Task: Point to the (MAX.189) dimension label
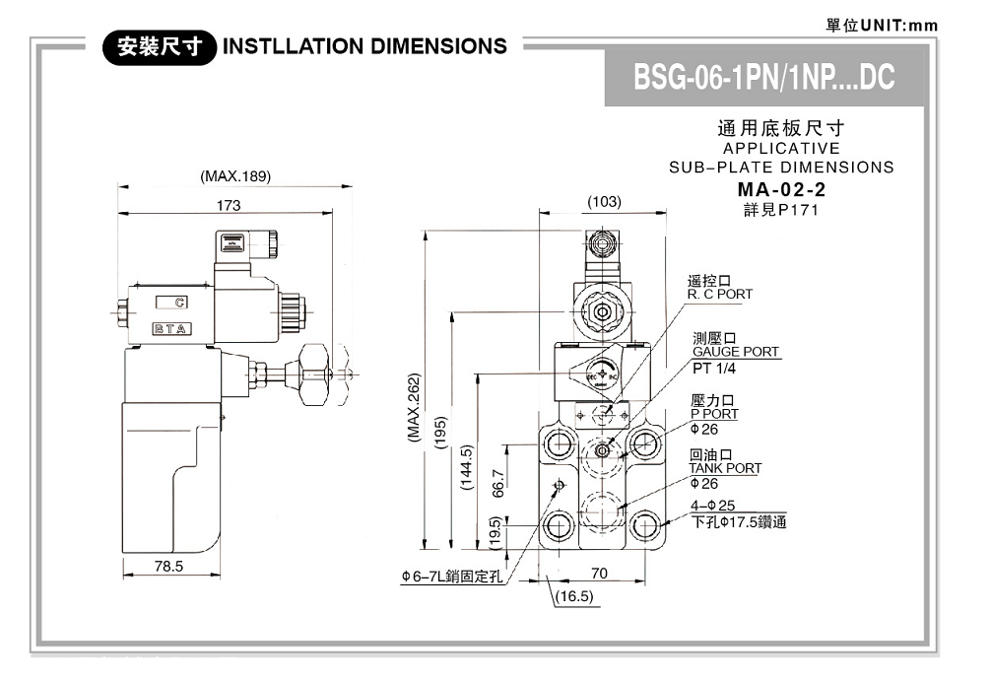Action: (234, 176)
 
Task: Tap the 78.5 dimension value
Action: (168, 566)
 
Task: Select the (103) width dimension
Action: (603, 201)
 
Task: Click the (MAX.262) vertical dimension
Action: (415, 407)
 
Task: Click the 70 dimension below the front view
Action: (599, 573)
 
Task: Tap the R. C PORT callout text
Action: (719, 294)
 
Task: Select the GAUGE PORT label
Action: (735, 351)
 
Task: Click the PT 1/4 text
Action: (714, 369)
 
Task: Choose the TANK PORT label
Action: (725, 468)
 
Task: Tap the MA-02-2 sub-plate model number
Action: (781, 189)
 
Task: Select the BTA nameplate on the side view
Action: (171, 328)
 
